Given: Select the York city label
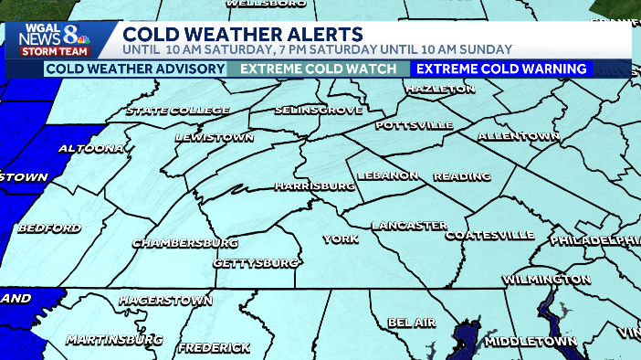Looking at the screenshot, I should [335, 239].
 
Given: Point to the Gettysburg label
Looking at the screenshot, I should [256, 263].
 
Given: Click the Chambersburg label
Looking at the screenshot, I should [185, 243].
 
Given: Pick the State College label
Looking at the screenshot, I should [178, 111].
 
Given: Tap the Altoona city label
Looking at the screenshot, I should [91, 148].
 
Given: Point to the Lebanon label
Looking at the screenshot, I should [388, 175].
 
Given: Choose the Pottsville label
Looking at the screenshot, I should [415, 124].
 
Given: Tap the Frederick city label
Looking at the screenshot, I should [214, 347].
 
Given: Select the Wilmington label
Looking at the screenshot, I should [546, 278].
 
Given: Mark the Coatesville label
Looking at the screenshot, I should [489, 235].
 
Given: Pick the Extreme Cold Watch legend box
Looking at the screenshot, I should [319, 69].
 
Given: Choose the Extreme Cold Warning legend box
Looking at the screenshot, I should [502, 69].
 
